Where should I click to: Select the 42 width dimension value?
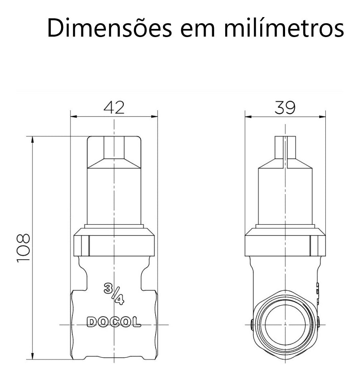click(x=114, y=107)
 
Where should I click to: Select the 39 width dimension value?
click(x=285, y=107)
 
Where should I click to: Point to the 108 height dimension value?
click(x=23, y=248)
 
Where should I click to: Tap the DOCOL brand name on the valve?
click(x=114, y=322)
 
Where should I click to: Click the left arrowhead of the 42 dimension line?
click(x=73, y=117)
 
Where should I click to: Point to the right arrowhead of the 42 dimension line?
click(x=154, y=117)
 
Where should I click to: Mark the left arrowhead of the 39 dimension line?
click(x=248, y=117)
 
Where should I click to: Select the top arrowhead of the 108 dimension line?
click(x=33, y=139)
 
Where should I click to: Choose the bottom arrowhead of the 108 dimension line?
click(x=33, y=357)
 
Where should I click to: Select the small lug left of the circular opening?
click(x=251, y=324)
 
